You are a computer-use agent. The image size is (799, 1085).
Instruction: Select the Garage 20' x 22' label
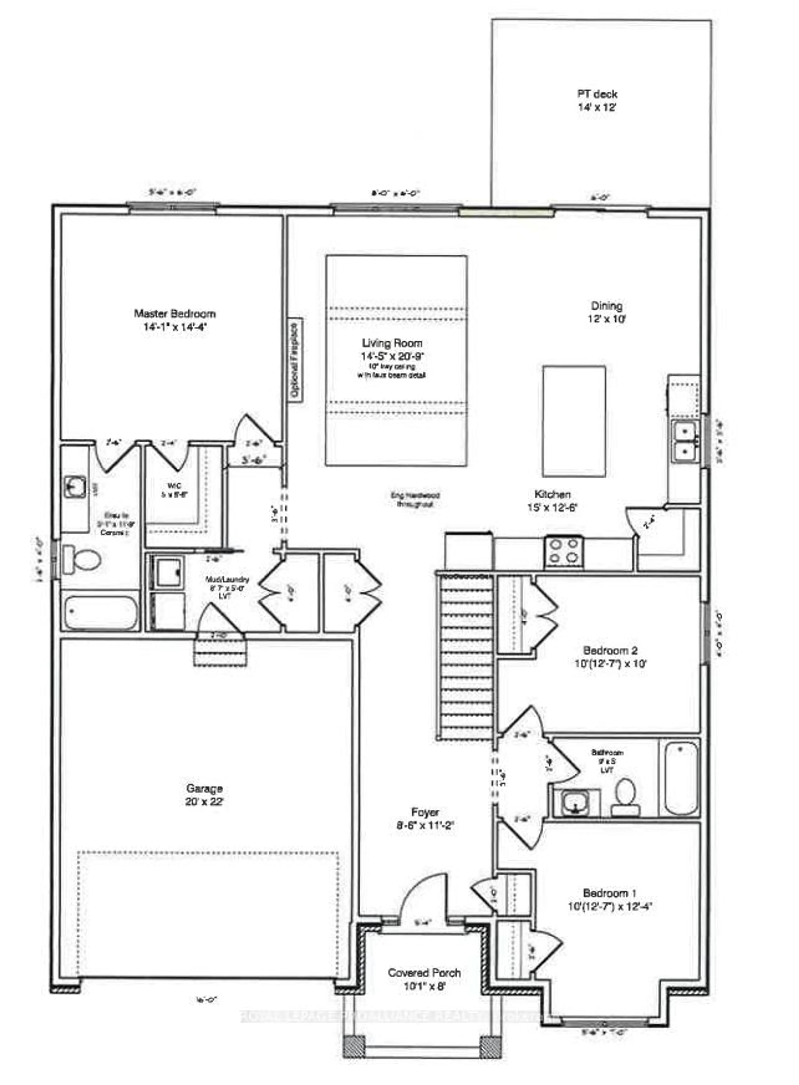tap(204, 795)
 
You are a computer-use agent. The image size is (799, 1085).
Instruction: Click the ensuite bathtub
tap(100, 613)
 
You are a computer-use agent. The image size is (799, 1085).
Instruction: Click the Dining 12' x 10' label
tap(607, 312)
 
